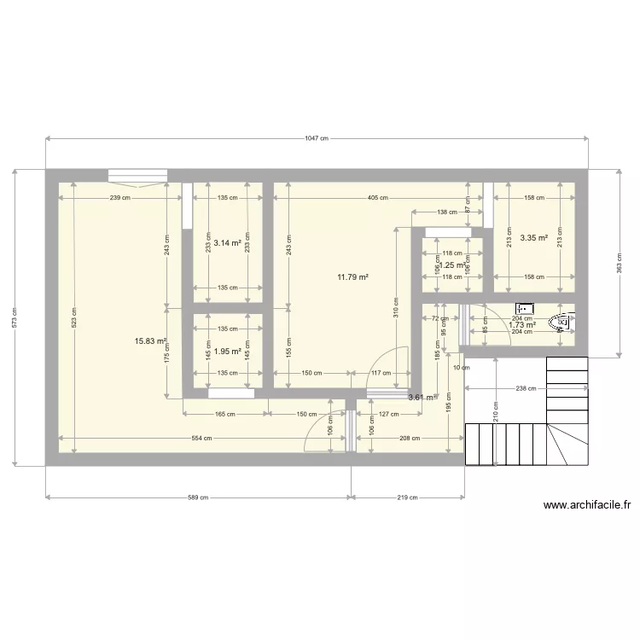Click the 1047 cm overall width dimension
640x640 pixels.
(x=317, y=138)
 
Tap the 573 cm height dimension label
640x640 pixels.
(x=15, y=317)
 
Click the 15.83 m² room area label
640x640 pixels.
(x=149, y=340)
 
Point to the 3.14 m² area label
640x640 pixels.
(x=228, y=242)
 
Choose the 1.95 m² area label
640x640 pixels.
(x=228, y=351)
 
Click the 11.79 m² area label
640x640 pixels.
(x=352, y=276)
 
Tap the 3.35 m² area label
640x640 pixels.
(x=533, y=238)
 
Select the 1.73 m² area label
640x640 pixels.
(x=521, y=324)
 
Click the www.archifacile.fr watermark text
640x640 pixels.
(x=587, y=505)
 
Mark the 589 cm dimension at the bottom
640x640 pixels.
(x=198, y=497)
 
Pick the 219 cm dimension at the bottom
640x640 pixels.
(x=408, y=497)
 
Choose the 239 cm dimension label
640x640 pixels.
(x=120, y=198)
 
